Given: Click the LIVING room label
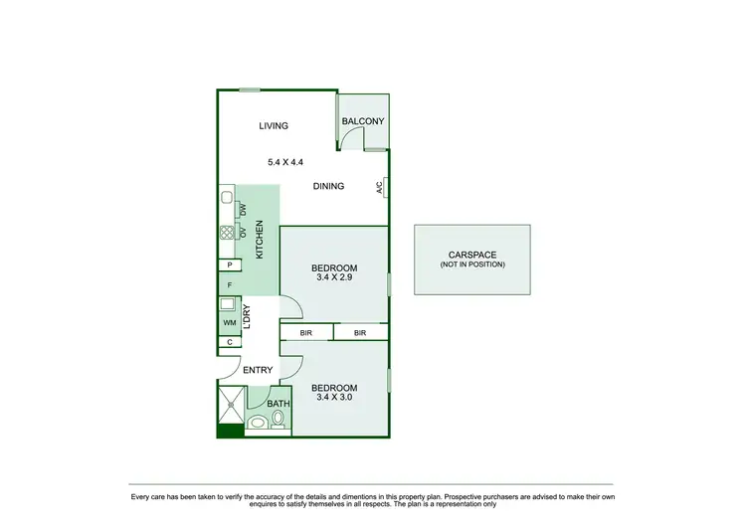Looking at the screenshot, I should pyautogui.click(x=274, y=126).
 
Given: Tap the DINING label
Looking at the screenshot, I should pyautogui.click(x=328, y=186).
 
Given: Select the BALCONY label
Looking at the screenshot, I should pyautogui.click(x=362, y=121).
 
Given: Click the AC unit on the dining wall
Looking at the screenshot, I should pyautogui.click(x=380, y=187).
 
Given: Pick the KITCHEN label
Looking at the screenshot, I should pyautogui.click(x=260, y=240).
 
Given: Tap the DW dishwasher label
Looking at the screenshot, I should pyautogui.click(x=243, y=210).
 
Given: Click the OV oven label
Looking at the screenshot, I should pyautogui.click(x=243, y=233).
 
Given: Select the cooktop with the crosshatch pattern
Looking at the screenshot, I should pyautogui.click(x=226, y=234).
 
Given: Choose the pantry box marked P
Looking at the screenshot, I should pyautogui.click(x=230, y=265).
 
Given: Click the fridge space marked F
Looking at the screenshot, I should pyautogui.click(x=230, y=284).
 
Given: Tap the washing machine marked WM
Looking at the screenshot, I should pyautogui.click(x=230, y=324).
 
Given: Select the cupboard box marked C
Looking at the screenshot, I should pyautogui.click(x=230, y=342).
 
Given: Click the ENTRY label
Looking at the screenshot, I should pyautogui.click(x=258, y=370).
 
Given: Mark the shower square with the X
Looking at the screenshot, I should pyautogui.click(x=230, y=405).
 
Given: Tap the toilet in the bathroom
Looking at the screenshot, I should pyautogui.click(x=280, y=423).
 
